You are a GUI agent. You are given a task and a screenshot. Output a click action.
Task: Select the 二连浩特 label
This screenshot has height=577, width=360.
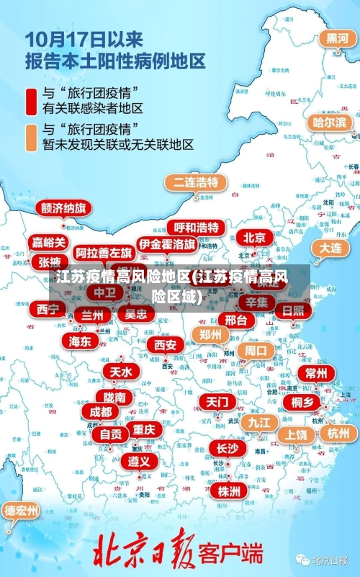point(194,182)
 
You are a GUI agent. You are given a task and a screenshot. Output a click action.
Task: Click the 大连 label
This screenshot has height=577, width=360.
point(330,247)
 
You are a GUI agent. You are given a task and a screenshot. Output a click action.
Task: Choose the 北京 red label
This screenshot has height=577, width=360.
point(254,237)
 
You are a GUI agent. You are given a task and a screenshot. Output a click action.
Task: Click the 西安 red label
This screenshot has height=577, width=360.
point(165,344)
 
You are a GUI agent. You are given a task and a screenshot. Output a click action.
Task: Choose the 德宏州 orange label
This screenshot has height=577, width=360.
point(22,511)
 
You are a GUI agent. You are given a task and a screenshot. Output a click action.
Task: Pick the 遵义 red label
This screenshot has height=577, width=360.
point(138,461)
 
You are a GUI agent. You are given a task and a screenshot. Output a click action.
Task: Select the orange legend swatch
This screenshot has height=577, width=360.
point(31,137)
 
